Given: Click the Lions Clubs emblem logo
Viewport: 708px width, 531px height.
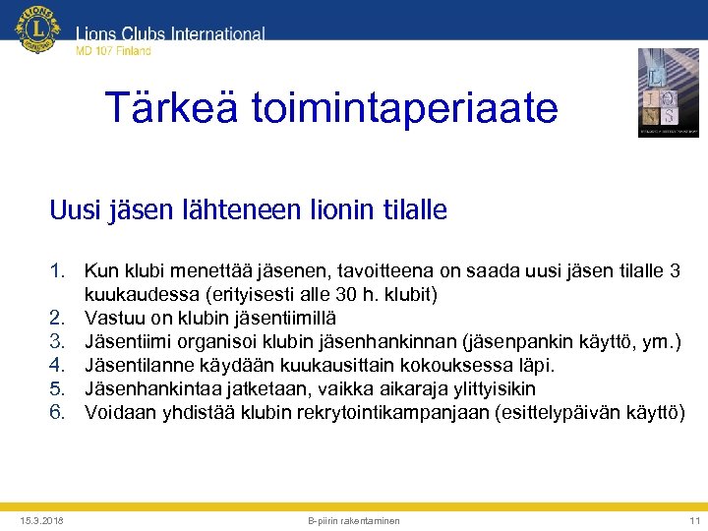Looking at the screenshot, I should pos(38,30).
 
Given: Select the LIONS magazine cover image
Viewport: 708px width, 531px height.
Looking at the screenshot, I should pos(668,92).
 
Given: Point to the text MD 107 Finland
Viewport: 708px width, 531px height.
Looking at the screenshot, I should pos(114,51).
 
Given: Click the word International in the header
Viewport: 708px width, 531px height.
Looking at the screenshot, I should pos(218,34).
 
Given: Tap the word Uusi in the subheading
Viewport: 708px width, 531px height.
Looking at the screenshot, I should pos(75,210).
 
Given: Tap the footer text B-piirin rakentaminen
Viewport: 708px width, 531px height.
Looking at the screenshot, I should pos(354,519).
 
